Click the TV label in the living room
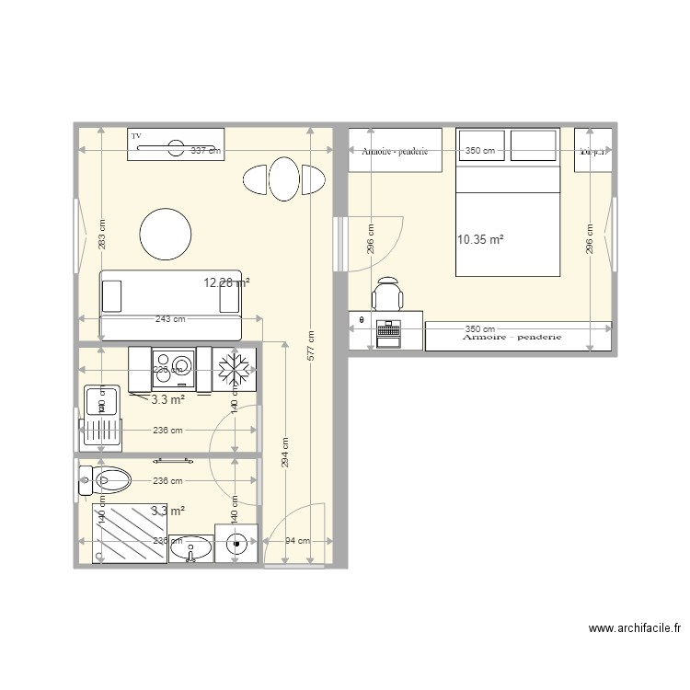pos(137,135)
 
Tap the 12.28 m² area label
pos(226,283)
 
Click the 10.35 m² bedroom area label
pos(479,240)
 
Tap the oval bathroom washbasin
pos(190,549)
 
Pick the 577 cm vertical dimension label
pos(312,347)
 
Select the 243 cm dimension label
pos(169,319)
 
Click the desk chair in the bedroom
pos(387,296)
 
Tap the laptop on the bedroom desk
pos(388,332)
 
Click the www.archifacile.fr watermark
pos(634,630)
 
